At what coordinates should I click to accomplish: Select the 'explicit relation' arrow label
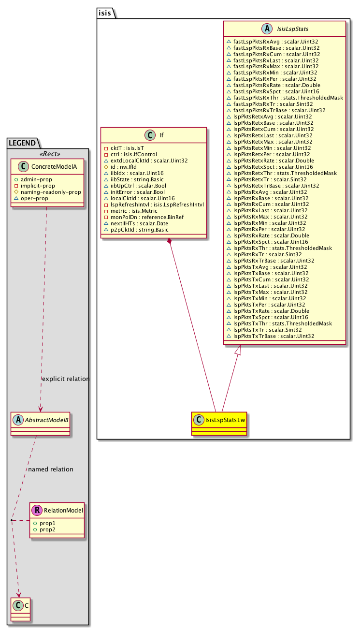pos(66,379)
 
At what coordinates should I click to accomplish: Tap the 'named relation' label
pos(51,469)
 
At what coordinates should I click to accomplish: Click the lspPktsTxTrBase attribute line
pos(274,336)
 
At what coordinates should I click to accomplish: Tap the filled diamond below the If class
pos(169,241)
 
